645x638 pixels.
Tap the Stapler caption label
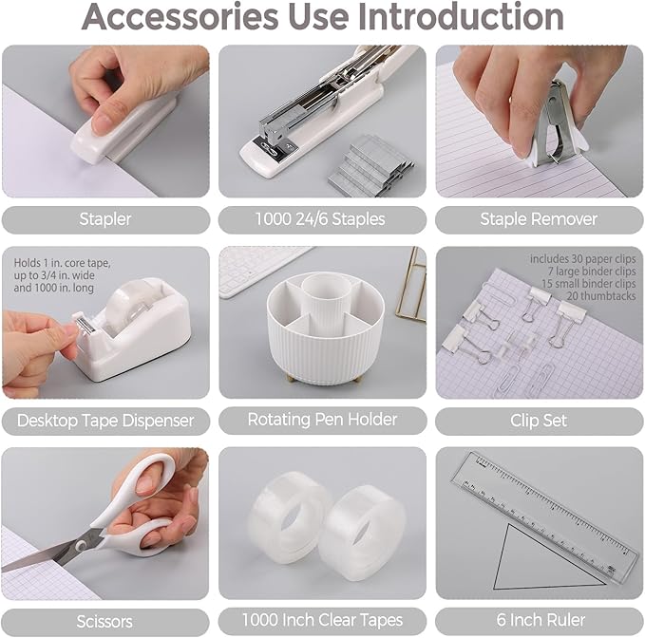click(x=105, y=219)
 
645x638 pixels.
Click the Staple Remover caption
click(x=539, y=219)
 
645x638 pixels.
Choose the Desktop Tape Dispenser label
click(x=105, y=420)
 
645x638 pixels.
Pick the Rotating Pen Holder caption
click(x=322, y=420)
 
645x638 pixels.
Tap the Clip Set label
click(x=539, y=420)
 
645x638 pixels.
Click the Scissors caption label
click(x=105, y=622)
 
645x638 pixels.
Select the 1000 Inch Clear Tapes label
click(x=322, y=622)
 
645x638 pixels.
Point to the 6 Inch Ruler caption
click(x=539, y=622)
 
